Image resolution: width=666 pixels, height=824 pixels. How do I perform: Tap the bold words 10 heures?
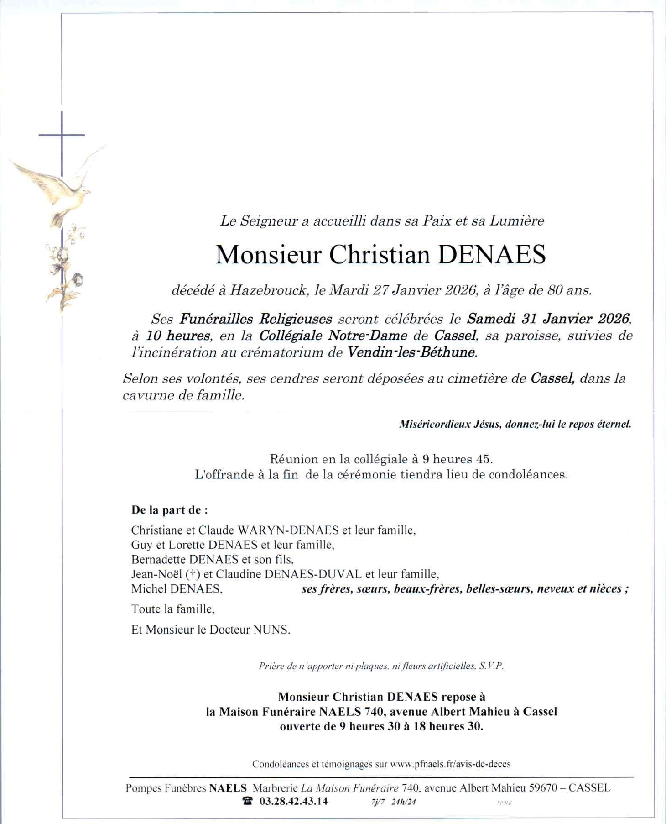pyautogui.click(x=178, y=336)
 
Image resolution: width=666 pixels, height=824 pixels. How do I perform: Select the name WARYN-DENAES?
pyautogui.click(x=288, y=530)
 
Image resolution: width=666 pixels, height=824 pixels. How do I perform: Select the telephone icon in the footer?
pyautogui.click(x=248, y=801)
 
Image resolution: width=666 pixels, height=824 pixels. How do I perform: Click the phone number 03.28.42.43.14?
pyautogui.click(x=293, y=802)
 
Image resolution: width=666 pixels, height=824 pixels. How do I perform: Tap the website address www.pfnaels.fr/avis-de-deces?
pyautogui.click(x=450, y=764)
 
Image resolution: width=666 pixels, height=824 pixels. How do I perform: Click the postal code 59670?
pyautogui.click(x=543, y=788)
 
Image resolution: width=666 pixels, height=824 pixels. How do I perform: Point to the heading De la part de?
pyautogui.click(x=169, y=510)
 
